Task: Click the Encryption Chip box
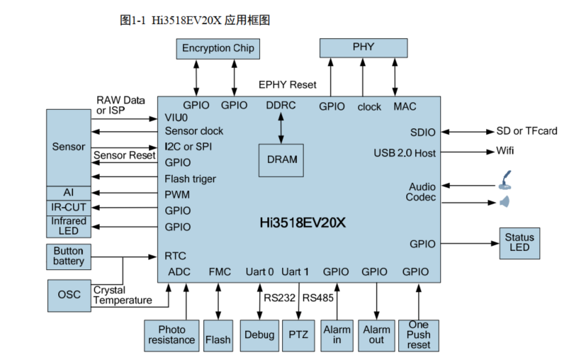[217, 48]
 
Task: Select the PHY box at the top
[364, 47]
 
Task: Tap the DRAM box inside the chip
[282, 160]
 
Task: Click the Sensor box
[69, 147]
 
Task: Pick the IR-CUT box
[69, 207]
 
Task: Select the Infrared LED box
[69, 226]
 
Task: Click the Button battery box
[69, 257]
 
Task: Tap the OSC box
[69, 295]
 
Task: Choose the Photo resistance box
[171, 335]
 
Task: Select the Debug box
[259, 335]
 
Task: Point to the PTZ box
[298, 335]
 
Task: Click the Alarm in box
[337, 335]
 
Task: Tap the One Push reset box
[418, 335]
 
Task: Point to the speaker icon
[505, 203]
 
